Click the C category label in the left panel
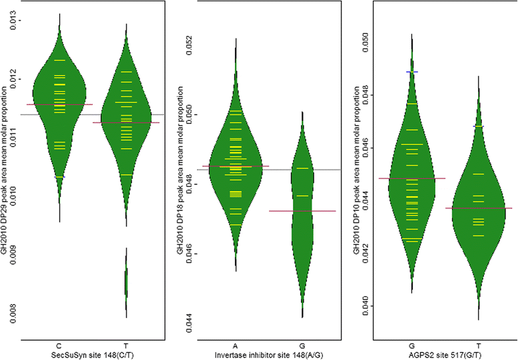[59, 345]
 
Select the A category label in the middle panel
[236, 345]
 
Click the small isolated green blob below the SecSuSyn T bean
[126, 283]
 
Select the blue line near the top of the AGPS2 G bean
[412, 72]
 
